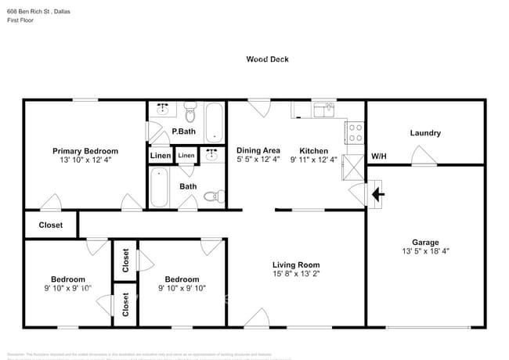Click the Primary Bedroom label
click(x=85, y=151)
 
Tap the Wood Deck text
click(x=262, y=59)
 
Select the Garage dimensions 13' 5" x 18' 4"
click(x=425, y=251)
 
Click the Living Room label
click(x=296, y=265)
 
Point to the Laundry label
click(x=425, y=133)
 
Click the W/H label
click(x=378, y=157)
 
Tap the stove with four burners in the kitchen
click(x=355, y=133)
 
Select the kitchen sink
click(x=323, y=110)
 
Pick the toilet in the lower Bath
click(x=211, y=196)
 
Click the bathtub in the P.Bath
click(x=213, y=123)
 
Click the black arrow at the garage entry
click(x=377, y=193)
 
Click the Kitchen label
click(x=313, y=151)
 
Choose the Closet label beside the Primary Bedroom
click(x=51, y=225)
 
